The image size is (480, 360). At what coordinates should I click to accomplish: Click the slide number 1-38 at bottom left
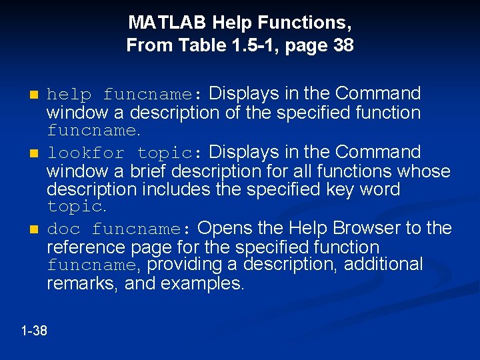[34, 330]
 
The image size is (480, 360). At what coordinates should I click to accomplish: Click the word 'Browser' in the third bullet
[364, 229]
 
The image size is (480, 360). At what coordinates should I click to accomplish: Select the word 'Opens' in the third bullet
[223, 229]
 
